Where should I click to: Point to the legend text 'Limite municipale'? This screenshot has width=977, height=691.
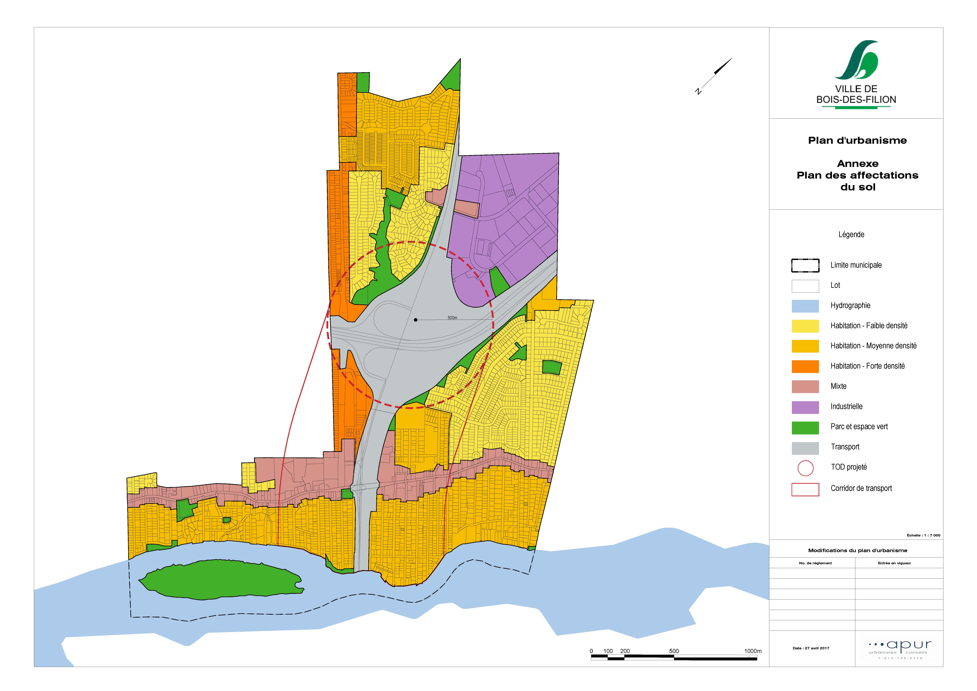tap(856, 265)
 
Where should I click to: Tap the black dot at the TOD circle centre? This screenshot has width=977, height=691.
tap(415, 320)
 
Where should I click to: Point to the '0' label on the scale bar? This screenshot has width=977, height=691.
tap(591, 651)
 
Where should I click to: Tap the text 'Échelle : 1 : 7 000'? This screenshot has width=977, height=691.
tap(923, 535)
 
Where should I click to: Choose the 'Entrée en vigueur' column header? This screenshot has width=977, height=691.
tap(894, 563)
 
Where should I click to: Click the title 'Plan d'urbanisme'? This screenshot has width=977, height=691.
tap(857, 141)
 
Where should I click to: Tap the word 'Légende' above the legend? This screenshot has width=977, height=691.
tap(851, 234)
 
